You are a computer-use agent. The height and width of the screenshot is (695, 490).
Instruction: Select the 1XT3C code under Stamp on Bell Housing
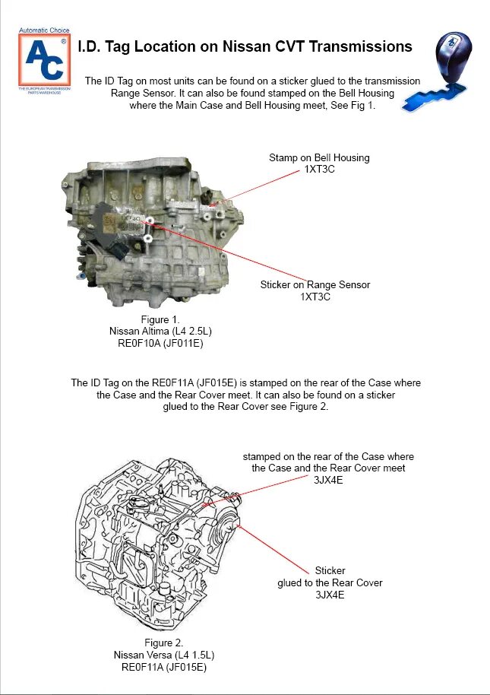click(319, 170)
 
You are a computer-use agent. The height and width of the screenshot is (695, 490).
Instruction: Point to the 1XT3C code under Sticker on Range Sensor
click(315, 297)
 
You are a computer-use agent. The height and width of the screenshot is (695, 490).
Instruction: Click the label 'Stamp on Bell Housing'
click(319, 158)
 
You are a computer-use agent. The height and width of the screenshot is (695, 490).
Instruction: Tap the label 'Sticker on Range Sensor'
click(315, 285)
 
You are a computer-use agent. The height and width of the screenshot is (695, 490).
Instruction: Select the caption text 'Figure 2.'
click(163, 643)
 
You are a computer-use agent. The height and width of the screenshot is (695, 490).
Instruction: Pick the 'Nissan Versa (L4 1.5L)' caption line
click(163, 655)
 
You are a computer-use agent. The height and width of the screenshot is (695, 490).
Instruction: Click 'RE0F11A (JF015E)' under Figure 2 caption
click(163, 667)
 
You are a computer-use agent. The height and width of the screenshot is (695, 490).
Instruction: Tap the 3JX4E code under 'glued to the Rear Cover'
click(330, 595)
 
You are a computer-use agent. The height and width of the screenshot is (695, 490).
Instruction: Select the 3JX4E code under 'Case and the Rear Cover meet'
click(328, 480)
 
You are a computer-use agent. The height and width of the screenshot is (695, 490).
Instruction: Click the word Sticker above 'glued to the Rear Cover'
click(330, 571)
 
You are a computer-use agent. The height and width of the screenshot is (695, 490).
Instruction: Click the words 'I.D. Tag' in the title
click(106, 47)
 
